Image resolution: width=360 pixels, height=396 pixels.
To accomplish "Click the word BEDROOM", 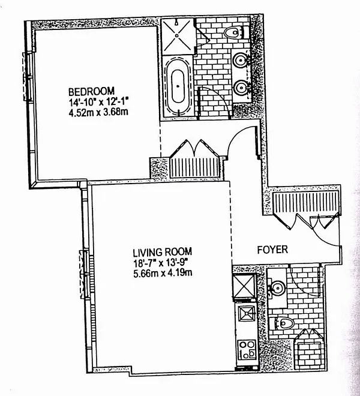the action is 88,91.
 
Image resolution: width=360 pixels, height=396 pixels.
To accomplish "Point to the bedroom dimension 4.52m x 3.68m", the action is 97,112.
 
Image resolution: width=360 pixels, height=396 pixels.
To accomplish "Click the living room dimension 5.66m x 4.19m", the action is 162,272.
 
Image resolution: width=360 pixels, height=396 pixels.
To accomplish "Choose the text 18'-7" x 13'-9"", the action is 163,262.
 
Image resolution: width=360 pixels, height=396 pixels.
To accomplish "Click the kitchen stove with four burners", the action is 246,348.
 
